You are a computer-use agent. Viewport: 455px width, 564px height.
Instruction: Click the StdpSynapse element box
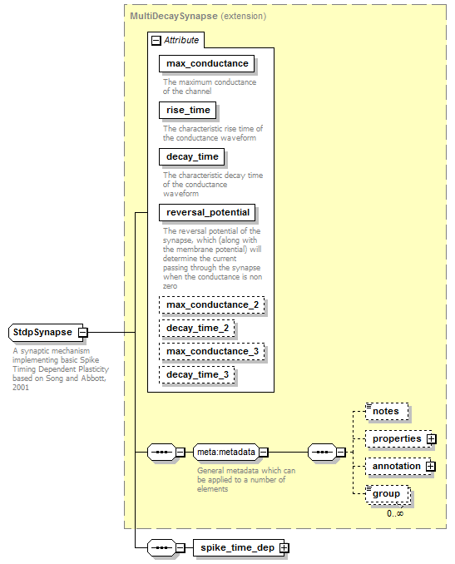point(46,332)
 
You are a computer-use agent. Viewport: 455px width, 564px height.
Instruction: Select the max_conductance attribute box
point(207,64)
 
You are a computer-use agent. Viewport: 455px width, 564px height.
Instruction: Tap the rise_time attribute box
point(188,110)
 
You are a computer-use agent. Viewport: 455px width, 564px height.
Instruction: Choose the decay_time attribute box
point(191,157)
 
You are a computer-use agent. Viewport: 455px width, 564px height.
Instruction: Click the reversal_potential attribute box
point(207,213)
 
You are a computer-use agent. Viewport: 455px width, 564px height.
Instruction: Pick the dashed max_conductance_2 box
point(212,305)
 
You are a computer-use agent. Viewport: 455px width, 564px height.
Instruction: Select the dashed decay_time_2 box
point(197,328)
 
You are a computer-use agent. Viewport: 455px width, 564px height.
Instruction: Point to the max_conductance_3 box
point(212,351)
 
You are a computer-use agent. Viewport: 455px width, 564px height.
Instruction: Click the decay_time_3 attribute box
point(197,375)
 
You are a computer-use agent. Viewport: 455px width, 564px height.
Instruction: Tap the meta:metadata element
point(226,453)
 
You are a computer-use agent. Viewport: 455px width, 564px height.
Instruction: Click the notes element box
point(387,412)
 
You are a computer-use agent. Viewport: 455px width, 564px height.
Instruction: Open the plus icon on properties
point(431,439)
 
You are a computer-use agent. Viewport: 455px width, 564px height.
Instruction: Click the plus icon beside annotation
point(431,467)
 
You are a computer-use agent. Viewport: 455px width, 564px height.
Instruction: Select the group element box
point(388,494)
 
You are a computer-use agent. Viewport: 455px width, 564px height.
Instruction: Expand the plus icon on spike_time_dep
point(284,548)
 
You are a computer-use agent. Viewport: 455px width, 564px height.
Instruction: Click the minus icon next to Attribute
point(156,40)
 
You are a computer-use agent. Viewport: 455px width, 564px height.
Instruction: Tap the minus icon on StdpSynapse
point(82,333)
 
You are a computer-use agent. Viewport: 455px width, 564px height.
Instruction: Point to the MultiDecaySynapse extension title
point(198,16)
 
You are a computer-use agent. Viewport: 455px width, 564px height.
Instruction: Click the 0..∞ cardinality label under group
point(395,513)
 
